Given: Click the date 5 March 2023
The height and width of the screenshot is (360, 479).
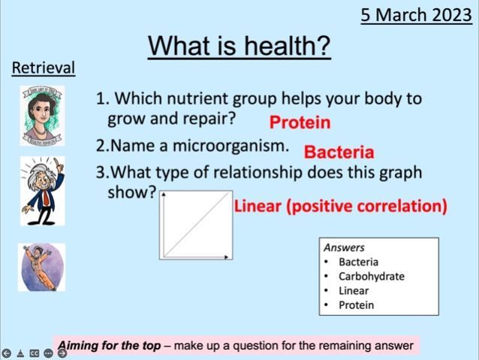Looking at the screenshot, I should (414, 14).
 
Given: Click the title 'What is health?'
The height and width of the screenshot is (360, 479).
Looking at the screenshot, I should (239, 46).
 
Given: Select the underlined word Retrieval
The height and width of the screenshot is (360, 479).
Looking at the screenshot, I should (44, 68).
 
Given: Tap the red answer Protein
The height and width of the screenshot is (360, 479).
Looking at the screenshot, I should (300, 122).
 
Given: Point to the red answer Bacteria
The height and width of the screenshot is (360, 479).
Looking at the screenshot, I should (339, 153).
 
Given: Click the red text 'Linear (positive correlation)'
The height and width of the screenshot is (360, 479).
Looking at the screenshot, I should (341, 205).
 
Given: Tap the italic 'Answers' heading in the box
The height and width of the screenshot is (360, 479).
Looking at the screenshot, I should (344, 247).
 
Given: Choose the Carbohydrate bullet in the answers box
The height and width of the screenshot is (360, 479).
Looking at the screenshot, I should (371, 276).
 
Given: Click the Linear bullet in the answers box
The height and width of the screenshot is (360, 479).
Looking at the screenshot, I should (354, 290).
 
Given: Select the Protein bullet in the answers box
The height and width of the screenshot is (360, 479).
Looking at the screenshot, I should (356, 304).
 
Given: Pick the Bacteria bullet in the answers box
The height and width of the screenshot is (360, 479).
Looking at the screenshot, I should (358, 262).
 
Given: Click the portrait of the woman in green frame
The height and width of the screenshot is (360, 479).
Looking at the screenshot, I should (42, 115).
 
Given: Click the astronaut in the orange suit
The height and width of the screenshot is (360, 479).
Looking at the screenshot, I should (41, 267).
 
